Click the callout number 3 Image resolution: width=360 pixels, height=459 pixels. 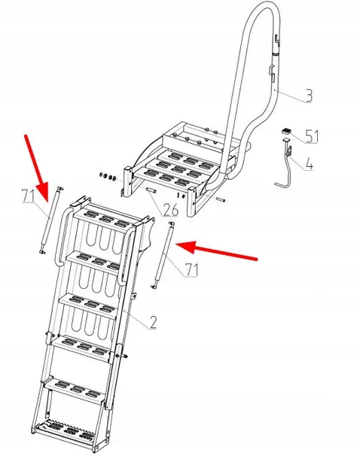(309, 96)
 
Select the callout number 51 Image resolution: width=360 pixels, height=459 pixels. (312, 136)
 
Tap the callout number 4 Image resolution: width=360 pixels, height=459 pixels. (309, 164)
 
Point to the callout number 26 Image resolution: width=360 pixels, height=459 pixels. (171, 210)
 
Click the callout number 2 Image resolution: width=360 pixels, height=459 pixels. (153, 322)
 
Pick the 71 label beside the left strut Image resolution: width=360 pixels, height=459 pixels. (28, 196)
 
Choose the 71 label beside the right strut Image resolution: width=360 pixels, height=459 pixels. (191, 269)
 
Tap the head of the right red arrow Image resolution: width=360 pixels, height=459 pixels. (176, 245)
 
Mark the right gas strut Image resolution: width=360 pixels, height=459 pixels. (161, 255)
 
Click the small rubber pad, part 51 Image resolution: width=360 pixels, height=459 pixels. (286, 131)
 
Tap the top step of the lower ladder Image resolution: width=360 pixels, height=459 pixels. (103, 218)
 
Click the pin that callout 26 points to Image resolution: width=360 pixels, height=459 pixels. (151, 190)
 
